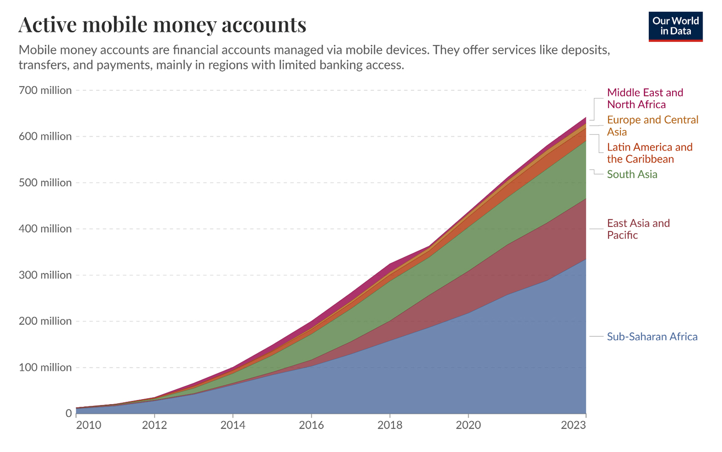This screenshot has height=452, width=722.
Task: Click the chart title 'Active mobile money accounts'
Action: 162,25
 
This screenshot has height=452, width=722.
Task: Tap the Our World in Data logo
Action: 675,26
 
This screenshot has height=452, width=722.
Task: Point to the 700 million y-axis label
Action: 45,90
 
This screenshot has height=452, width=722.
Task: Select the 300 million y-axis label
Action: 45,275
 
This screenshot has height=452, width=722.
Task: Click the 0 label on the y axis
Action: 69,413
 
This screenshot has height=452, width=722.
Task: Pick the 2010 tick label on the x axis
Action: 88,425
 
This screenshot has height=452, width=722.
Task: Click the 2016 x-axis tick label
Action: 311,425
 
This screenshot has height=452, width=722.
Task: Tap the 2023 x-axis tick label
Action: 573,425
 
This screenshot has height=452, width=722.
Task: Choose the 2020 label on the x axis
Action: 468,425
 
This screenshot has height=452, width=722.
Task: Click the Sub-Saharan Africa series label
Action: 652,337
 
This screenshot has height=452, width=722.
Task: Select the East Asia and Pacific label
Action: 638,229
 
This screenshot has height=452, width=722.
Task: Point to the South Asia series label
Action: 632,174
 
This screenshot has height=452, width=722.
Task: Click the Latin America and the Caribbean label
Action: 649,153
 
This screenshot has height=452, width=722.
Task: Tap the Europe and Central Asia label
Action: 652,125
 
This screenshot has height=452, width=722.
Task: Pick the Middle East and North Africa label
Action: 645,99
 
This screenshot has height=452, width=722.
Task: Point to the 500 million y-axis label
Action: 45,183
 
